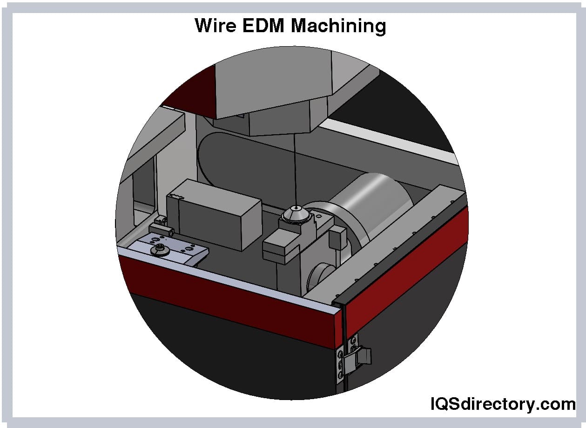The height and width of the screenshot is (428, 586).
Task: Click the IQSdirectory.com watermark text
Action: [502, 404]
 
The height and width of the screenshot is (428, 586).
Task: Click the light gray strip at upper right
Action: [391, 138]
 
